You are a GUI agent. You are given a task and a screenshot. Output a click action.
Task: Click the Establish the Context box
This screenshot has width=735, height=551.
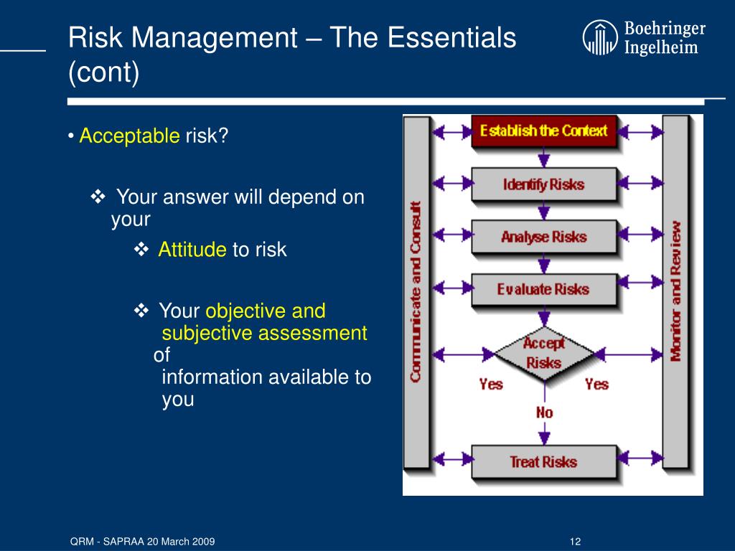pos(544,131)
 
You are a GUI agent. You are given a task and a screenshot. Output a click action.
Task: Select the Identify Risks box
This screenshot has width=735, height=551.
pos(544,184)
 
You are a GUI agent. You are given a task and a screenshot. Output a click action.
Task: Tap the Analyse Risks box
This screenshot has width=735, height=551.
pos(544,237)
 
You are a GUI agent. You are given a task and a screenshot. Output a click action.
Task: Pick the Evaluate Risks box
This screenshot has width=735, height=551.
pos(544,289)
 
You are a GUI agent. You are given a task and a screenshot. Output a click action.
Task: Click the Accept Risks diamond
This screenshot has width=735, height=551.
pos(544,354)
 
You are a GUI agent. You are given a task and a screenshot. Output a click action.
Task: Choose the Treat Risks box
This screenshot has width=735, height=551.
pos(544,461)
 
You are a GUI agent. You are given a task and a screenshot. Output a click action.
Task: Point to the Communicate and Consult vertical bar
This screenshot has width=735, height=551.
pos(416,292)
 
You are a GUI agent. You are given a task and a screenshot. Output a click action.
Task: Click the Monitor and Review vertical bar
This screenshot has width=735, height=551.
pos(675,292)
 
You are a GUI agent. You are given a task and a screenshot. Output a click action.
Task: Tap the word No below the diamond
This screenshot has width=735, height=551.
pos(544,413)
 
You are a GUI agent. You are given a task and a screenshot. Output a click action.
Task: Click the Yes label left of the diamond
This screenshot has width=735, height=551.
pos(491,385)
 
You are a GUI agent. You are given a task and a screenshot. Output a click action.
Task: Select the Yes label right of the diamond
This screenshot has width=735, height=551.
pos(596,385)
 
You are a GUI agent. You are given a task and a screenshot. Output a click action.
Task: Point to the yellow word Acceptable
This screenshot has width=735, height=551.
pos(129,136)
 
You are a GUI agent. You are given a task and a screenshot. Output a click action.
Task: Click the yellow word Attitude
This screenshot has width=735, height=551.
pos(192,249)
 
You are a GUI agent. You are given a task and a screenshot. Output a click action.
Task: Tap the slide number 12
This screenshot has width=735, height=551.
pos(575,542)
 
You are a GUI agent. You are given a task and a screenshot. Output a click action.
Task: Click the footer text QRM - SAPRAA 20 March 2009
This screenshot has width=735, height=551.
pos(143,542)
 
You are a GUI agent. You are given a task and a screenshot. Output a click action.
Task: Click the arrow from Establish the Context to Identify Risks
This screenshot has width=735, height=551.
pos(544,157)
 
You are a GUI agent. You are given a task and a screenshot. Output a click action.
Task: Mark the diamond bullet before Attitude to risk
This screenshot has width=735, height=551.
pos(141,249)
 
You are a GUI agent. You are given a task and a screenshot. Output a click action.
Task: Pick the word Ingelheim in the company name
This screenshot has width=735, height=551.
pos(661,47)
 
